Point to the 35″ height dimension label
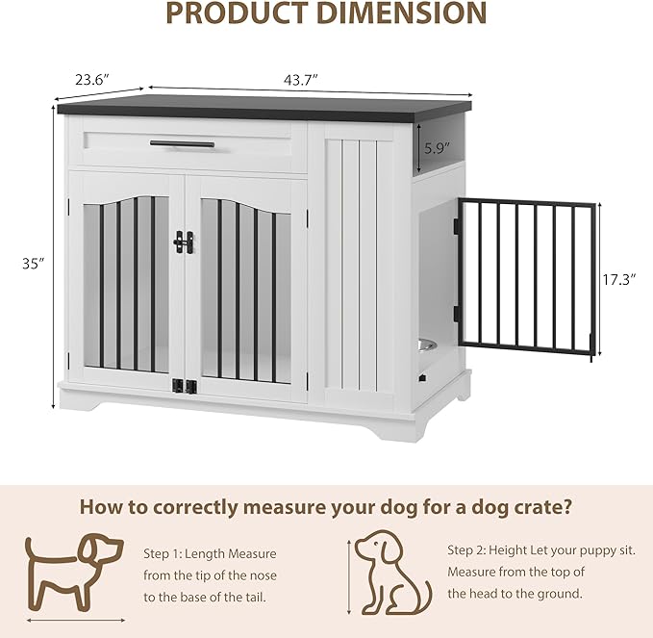34,262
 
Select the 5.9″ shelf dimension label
438,149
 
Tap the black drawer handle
181,144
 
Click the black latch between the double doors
185,242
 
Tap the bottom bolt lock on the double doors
185,387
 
